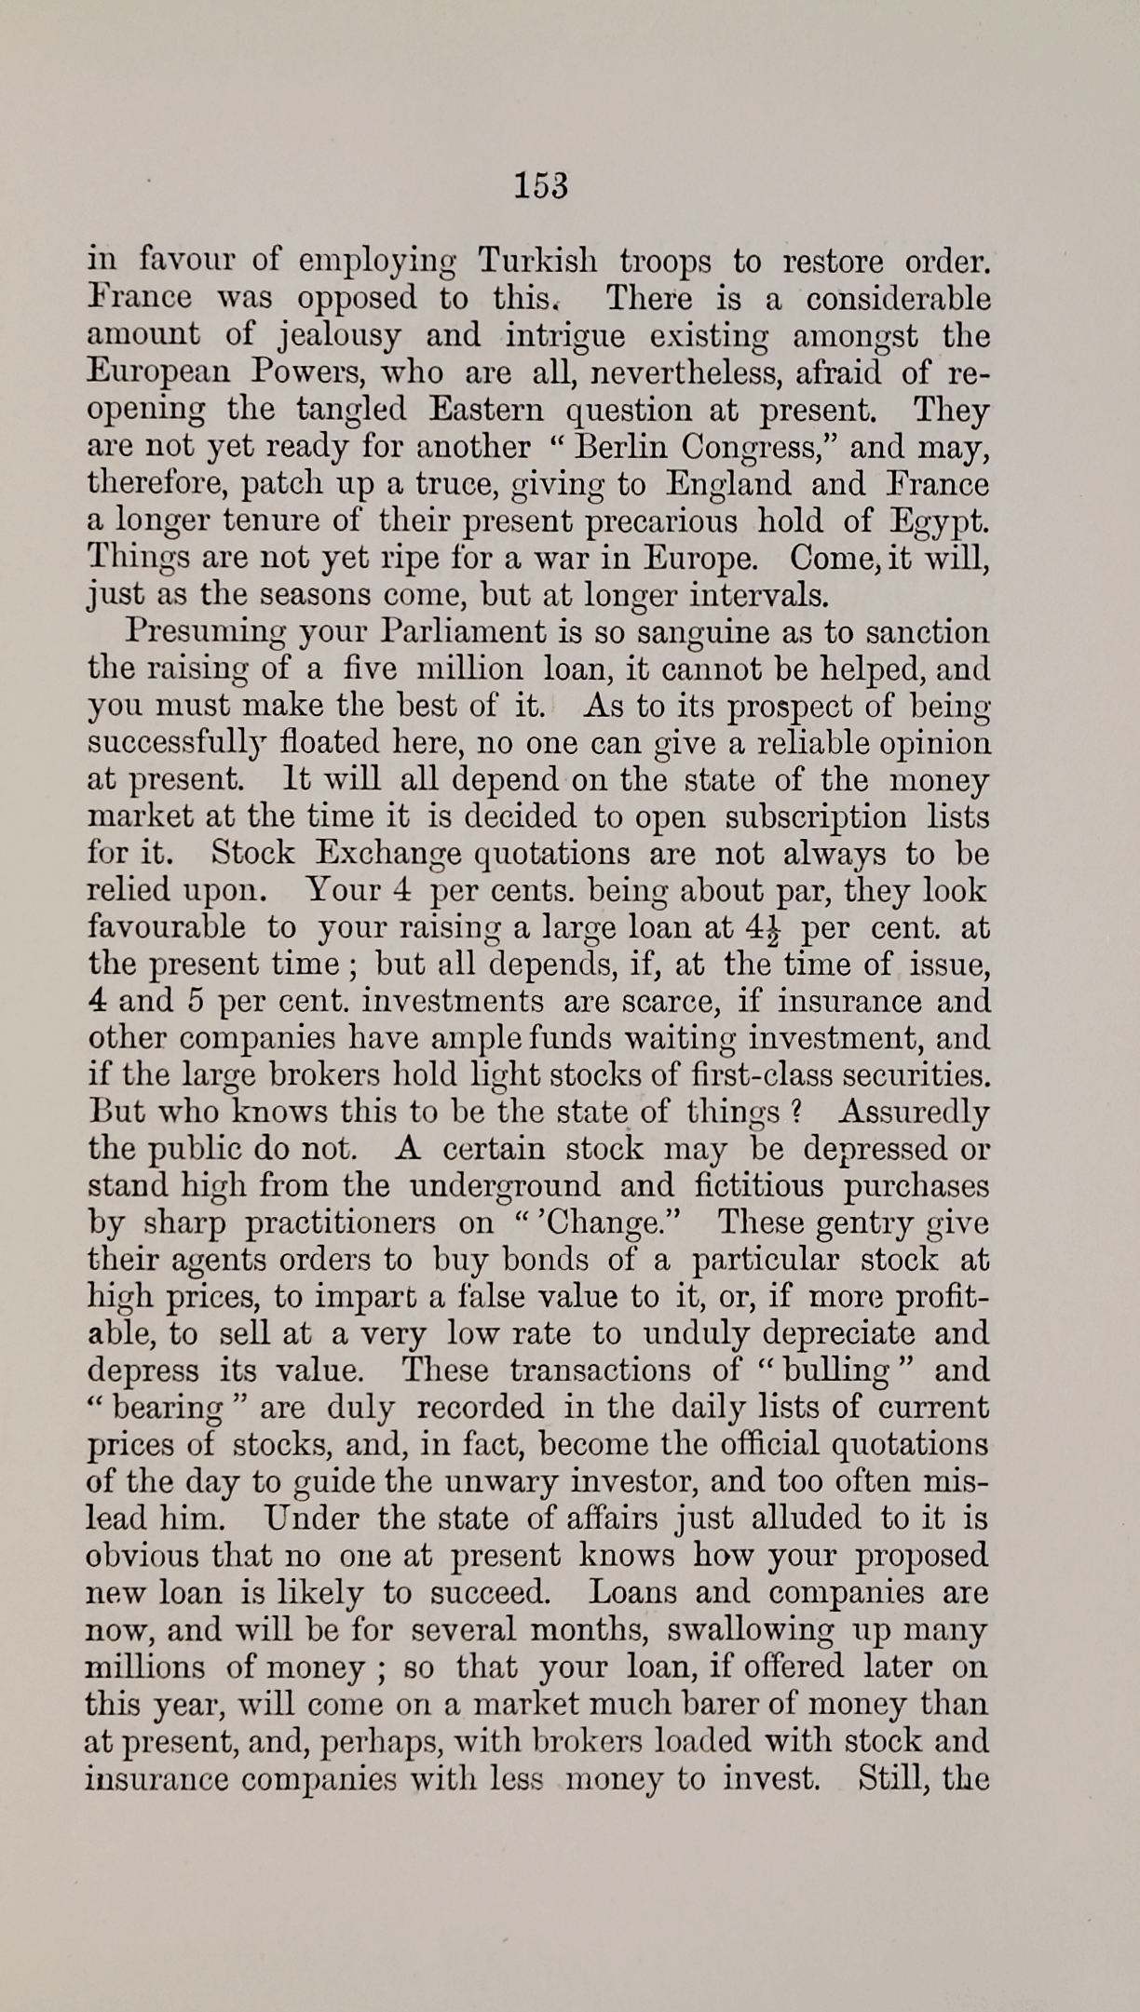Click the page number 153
pos(540,186)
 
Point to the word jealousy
pos(339,336)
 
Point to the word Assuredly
pos(913,1114)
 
